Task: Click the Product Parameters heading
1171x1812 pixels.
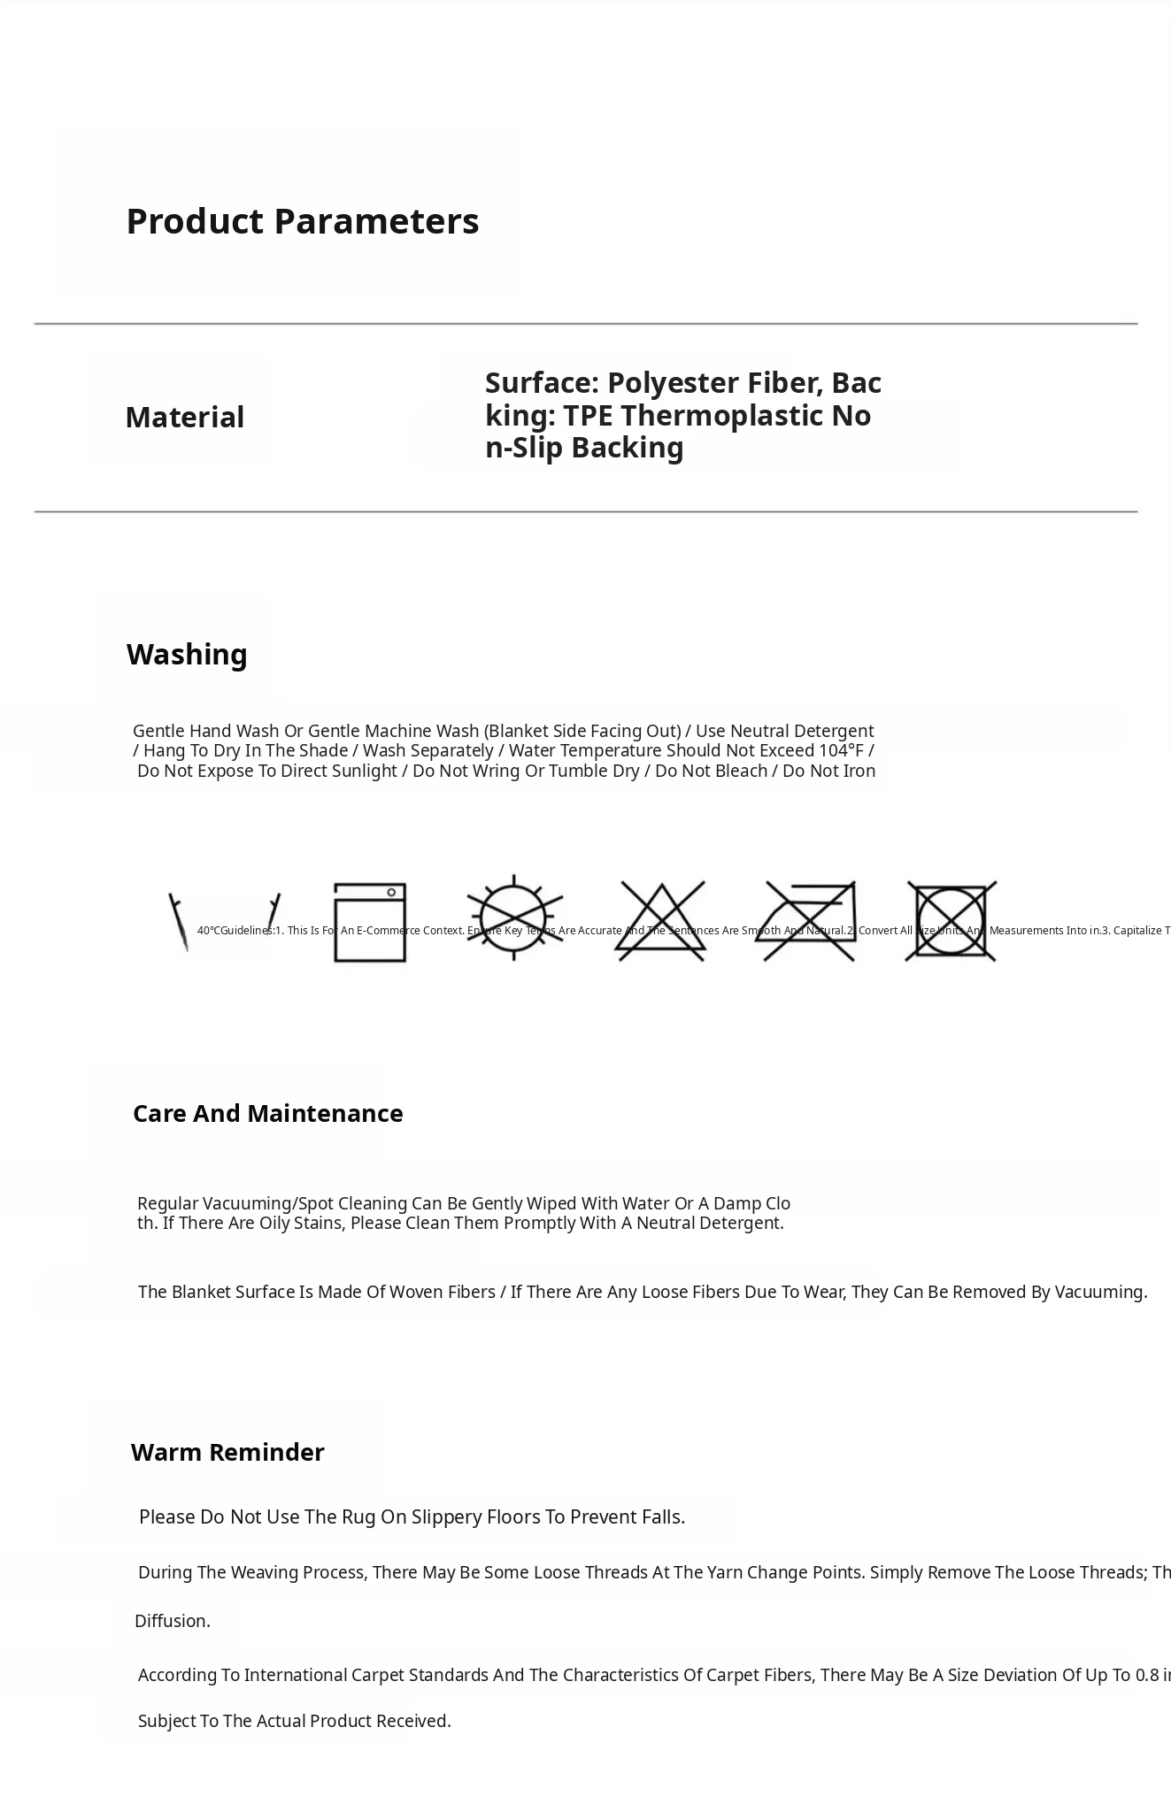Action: coord(302,221)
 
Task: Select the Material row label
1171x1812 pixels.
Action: coord(184,418)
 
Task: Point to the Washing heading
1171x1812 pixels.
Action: coord(187,655)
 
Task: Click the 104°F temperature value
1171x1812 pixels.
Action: coord(841,750)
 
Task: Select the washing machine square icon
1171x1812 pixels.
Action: coord(370,922)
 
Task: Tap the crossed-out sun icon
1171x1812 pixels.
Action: coord(514,918)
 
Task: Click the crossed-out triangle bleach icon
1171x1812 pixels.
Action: coord(660,921)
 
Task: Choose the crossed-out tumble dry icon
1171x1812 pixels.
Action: coord(951,921)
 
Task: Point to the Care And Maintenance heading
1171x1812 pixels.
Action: coord(267,1113)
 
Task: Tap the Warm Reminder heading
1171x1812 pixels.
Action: coord(227,1452)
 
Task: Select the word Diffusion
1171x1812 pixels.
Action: coord(173,1621)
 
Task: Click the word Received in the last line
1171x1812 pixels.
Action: coord(413,1721)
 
